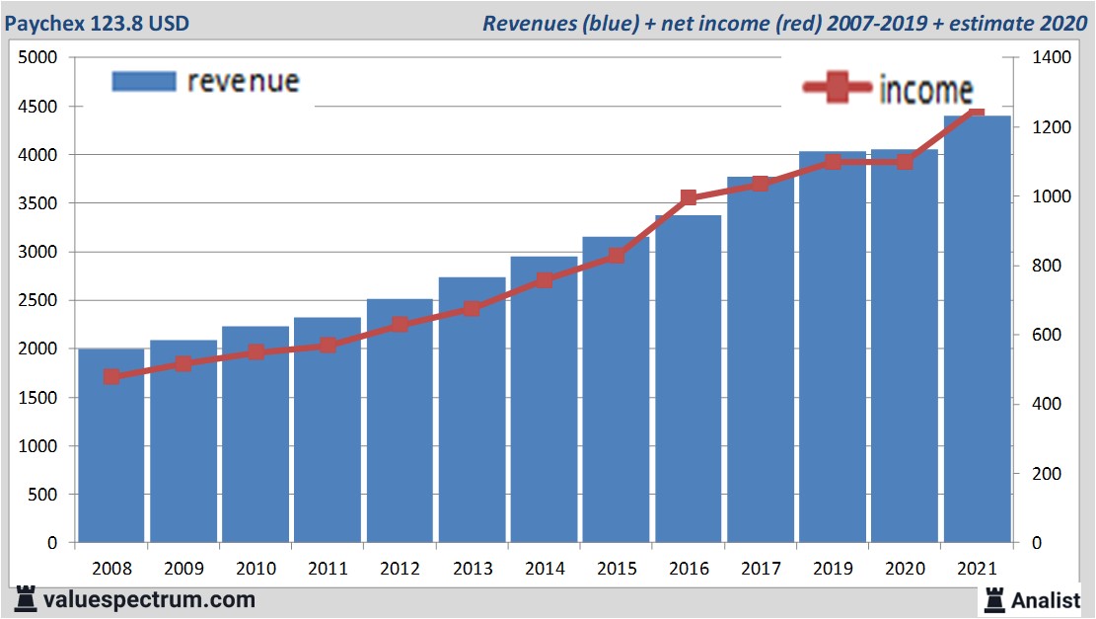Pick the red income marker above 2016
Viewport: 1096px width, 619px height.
[x=689, y=198]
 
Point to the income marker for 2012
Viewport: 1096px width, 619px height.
[x=400, y=324]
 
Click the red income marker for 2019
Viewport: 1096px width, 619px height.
[x=833, y=161]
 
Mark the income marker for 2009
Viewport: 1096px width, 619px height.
[x=183, y=363]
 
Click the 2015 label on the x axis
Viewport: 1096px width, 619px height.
[x=617, y=570]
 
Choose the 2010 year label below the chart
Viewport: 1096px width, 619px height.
[x=256, y=570]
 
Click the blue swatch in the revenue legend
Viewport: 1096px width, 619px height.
[x=143, y=81]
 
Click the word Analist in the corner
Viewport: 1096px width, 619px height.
[x=1047, y=599]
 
